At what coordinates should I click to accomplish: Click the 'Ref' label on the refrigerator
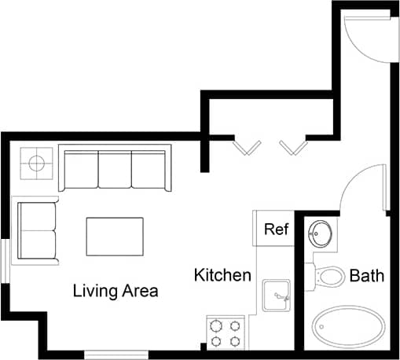tap(276, 230)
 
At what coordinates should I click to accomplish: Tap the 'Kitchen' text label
tap(222, 275)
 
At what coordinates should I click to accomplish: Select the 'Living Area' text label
tap(116, 291)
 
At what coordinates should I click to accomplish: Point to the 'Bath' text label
tap(366, 276)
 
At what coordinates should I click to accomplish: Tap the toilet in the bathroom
tap(330, 276)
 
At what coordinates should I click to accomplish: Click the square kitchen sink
tap(276, 296)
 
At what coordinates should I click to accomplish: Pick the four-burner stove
tap(227, 332)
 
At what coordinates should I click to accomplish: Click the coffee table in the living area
tap(115, 236)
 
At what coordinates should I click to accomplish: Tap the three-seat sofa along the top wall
tap(115, 170)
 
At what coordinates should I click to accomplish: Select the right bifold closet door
tap(292, 145)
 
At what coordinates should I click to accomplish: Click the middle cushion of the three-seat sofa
tap(115, 168)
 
